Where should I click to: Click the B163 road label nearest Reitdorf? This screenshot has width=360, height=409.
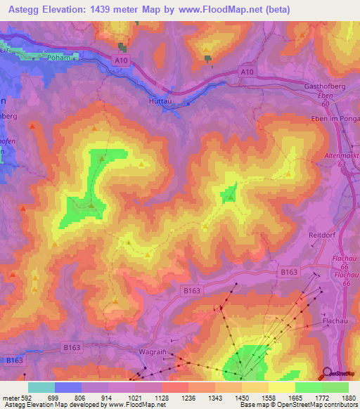tap(289, 271)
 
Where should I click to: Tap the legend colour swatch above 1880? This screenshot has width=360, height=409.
tap(335, 387)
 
